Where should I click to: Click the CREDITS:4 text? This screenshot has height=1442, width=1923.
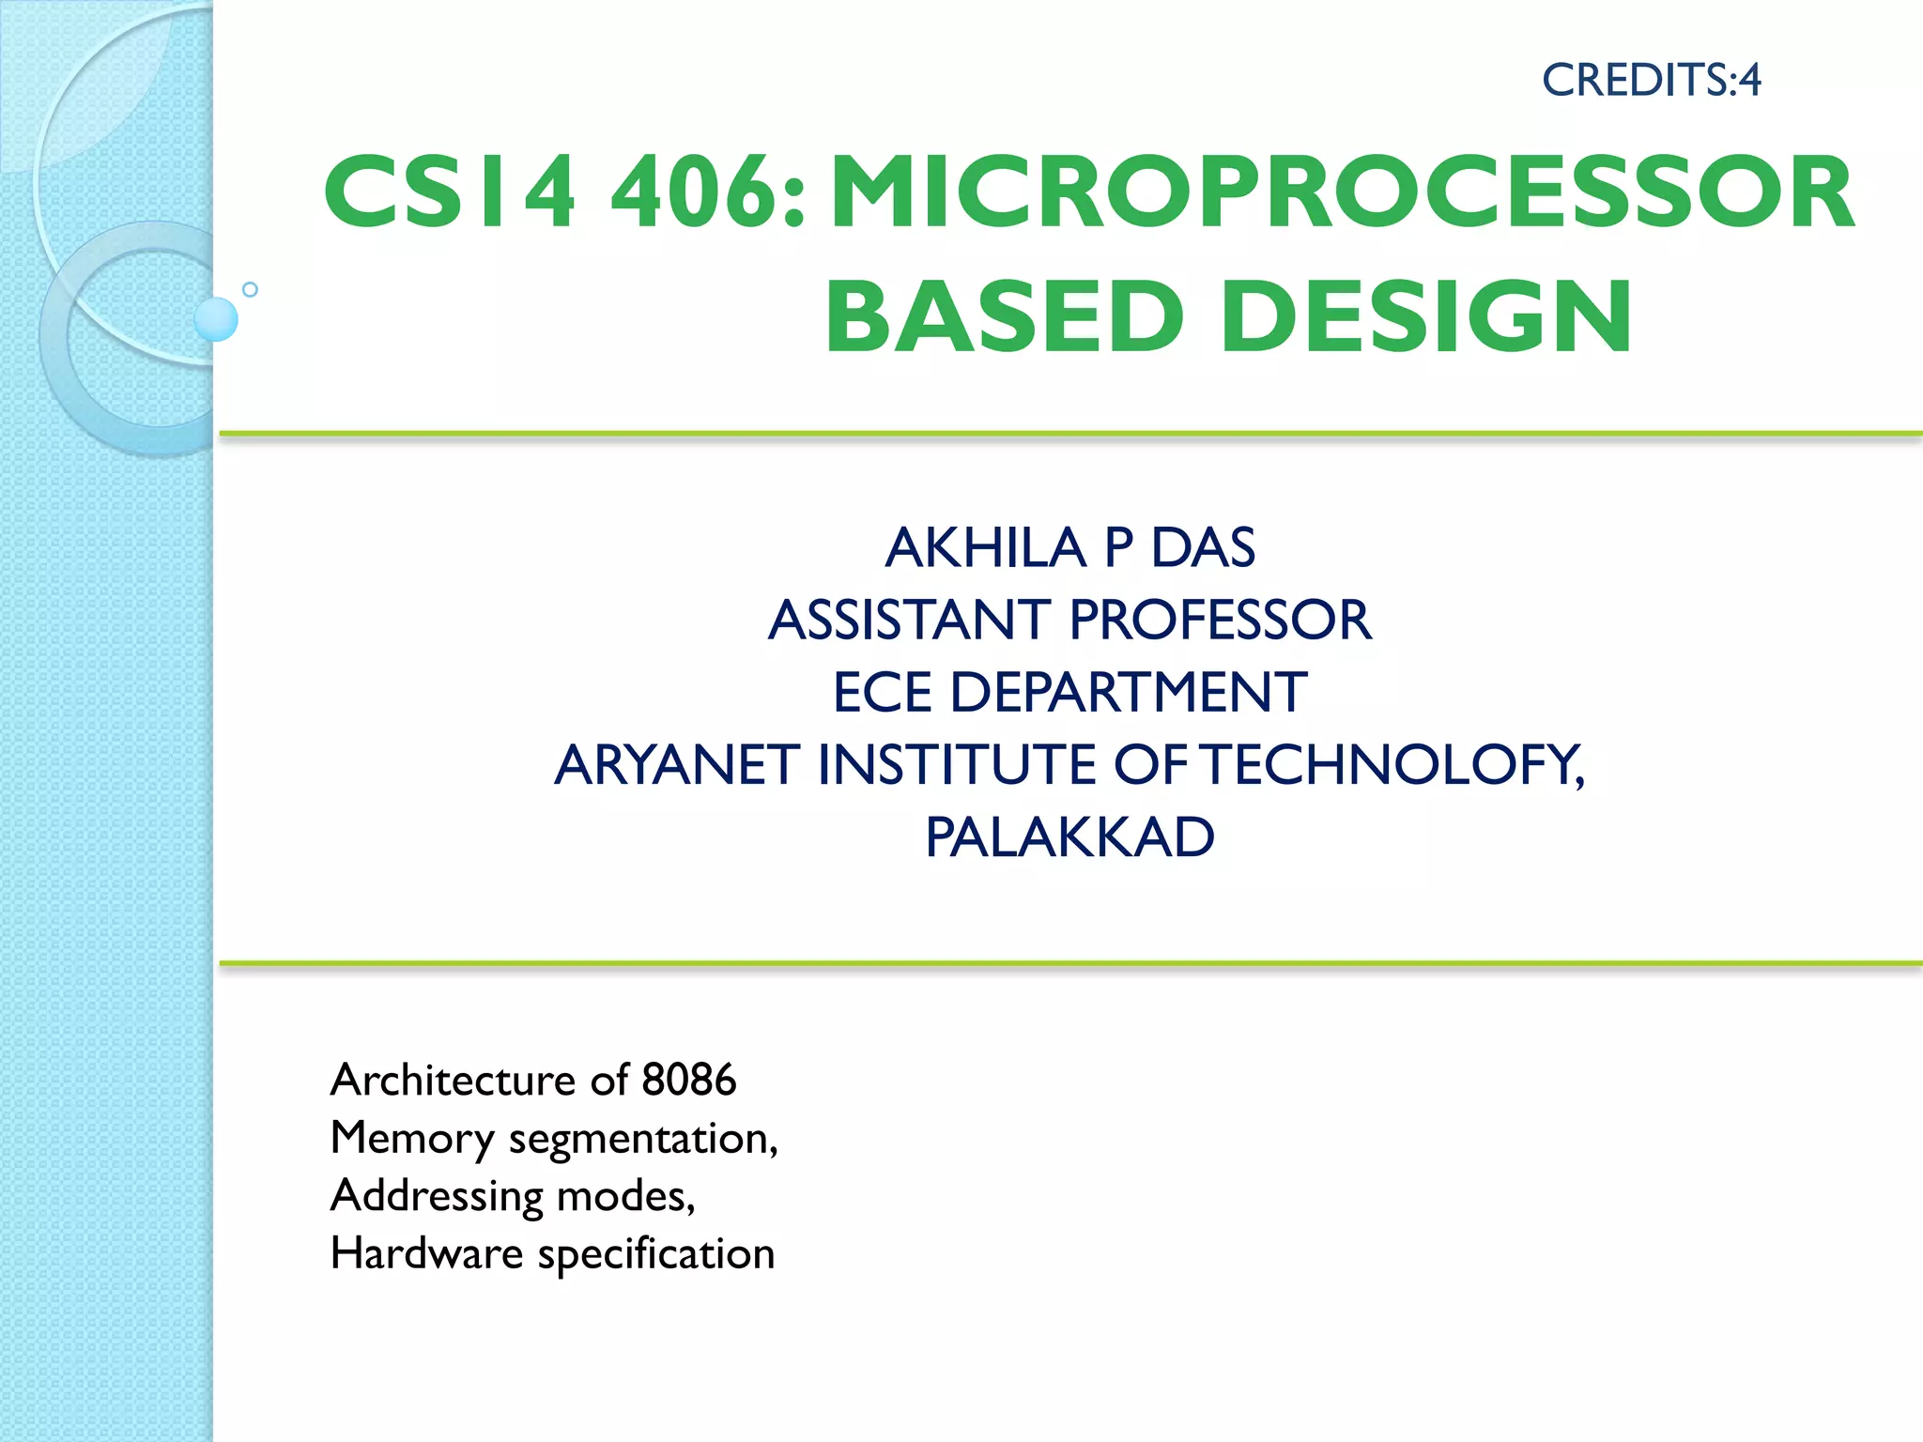coord(1651,80)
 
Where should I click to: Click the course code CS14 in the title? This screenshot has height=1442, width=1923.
coord(449,192)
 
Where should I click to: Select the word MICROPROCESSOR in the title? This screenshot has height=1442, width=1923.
coord(1343,192)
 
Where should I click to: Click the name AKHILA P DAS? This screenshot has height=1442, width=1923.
coord(1069,547)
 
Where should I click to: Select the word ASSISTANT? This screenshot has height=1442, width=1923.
coord(909,620)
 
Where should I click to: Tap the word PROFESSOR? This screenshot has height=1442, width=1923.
coord(1220,620)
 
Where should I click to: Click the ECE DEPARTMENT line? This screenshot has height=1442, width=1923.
coord(1069,692)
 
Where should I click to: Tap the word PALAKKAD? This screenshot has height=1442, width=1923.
coord(1069,836)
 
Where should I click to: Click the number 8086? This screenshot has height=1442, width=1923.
coord(688,1080)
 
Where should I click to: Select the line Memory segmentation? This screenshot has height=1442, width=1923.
coord(554,1138)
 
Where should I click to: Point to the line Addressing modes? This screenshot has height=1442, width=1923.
coord(513,1196)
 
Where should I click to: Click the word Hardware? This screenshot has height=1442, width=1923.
coord(426,1253)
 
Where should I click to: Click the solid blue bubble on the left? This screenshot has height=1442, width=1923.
coord(216,319)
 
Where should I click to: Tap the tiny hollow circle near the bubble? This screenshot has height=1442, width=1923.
coord(250,289)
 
